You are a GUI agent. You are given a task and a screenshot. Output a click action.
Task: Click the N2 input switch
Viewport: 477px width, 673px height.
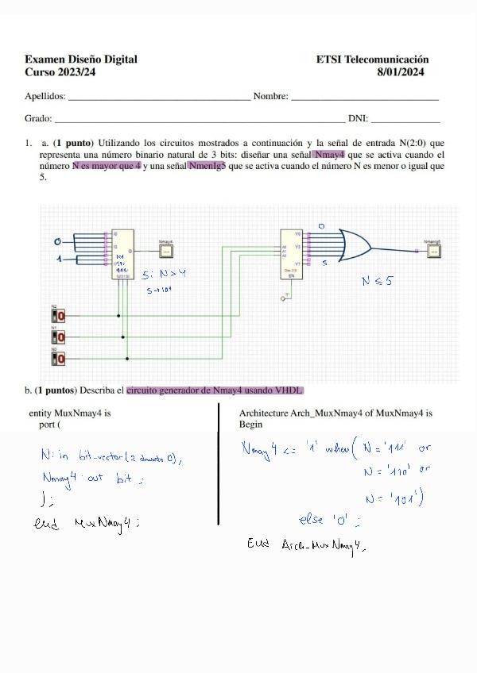(x=59, y=315)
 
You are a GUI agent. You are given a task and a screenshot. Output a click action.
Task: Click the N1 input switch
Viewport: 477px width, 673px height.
(x=59, y=336)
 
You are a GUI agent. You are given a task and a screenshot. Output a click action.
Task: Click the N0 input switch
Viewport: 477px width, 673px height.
(x=59, y=358)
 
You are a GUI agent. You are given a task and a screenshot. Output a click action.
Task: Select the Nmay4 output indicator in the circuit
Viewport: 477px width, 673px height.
(x=166, y=251)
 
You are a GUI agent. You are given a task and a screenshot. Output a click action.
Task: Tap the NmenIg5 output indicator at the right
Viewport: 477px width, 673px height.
(x=432, y=251)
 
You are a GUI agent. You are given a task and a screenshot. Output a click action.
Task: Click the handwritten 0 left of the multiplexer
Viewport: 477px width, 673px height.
(x=56, y=241)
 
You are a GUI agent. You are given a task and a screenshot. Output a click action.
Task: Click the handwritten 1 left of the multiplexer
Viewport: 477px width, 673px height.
(x=58, y=260)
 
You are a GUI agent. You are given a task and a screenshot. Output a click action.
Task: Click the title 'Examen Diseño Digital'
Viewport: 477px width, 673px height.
(x=80, y=60)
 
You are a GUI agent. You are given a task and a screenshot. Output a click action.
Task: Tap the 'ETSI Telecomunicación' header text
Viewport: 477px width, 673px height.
(x=372, y=60)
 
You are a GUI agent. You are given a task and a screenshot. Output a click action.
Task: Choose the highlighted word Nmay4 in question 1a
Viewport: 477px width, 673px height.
(x=329, y=155)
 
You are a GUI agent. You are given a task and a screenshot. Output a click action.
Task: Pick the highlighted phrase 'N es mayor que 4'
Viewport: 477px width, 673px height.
(x=107, y=166)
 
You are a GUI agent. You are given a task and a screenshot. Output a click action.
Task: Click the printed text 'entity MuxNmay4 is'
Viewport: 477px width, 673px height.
(x=69, y=413)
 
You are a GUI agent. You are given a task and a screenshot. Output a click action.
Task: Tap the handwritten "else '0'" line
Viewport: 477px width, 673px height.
(x=328, y=521)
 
